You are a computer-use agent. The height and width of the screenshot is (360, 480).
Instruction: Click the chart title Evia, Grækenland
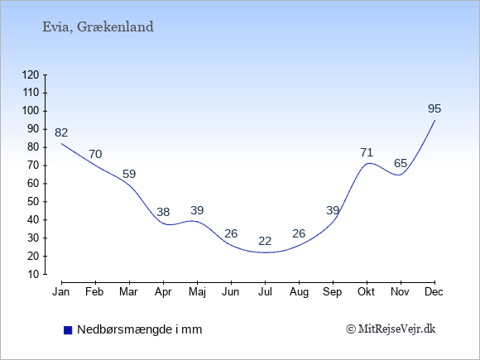pyautogui.click(x=98, y=27)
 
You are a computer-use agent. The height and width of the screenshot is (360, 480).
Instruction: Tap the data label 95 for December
pyautogui.click(x=434, y=108)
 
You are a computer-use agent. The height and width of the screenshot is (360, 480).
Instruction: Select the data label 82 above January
pyautogui.click(x=61, y=132)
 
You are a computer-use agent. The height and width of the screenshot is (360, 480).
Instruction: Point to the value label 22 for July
pyautogui.click(x=265, y=241)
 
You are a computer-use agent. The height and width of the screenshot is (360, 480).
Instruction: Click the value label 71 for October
pyautogui.click(x=367, y=152)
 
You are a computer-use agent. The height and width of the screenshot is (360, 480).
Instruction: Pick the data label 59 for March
pyautogui.click(x=129, y=174)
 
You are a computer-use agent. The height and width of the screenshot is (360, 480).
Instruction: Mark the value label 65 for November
pyautogui.click(x=401, y=164)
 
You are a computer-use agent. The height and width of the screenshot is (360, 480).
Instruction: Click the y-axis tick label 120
pyautogui.click(x=31, y=74)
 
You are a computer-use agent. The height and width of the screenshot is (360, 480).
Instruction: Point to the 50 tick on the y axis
pyautogui.click(x=33, y=202)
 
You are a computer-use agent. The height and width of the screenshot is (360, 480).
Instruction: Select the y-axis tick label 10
pyautogui.click(x=33, y=274)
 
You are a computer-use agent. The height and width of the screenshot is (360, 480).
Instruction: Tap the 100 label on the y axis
pyautogui.click(x=31, y=111)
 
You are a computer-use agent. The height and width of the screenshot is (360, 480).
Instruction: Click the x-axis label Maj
pyautogui.click(x=197, y=292)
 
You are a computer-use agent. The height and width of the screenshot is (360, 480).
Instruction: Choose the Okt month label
pyautogui.click(x=366, y=292)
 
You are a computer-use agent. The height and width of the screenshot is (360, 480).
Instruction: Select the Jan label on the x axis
pyautogui.click(x=61, y=292)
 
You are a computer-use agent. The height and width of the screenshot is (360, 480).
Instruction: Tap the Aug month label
pyautogui.click(x=299, y=292)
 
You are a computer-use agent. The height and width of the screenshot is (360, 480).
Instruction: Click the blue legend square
pyautogui.click(x=68, y=330)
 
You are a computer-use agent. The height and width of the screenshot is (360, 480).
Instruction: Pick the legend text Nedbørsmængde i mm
pyautogui.click(x=140, y=329)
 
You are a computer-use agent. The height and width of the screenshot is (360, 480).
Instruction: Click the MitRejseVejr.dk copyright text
pyautogui.click(x=391, y=329)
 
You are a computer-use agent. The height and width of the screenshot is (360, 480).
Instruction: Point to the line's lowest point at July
pyautogui.click(x=265, y=252)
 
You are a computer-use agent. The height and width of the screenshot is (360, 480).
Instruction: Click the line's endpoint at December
pyautogui.click(x=434, y=120)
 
